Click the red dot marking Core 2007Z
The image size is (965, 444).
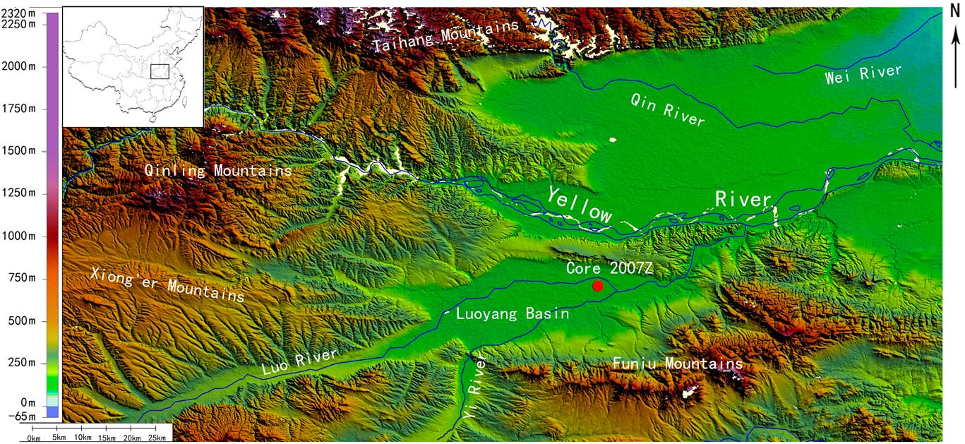pos(598,286)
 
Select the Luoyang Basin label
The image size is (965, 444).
pos(512,313)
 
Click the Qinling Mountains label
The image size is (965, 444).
pos(218,171)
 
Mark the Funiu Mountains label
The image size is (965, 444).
pos(678,364)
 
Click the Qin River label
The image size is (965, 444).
pos(668,110)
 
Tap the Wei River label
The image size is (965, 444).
pos(863,74)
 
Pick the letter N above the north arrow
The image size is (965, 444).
pos(954,12)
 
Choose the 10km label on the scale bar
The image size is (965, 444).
pos(83,438)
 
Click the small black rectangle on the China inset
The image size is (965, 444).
pos(160,71)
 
